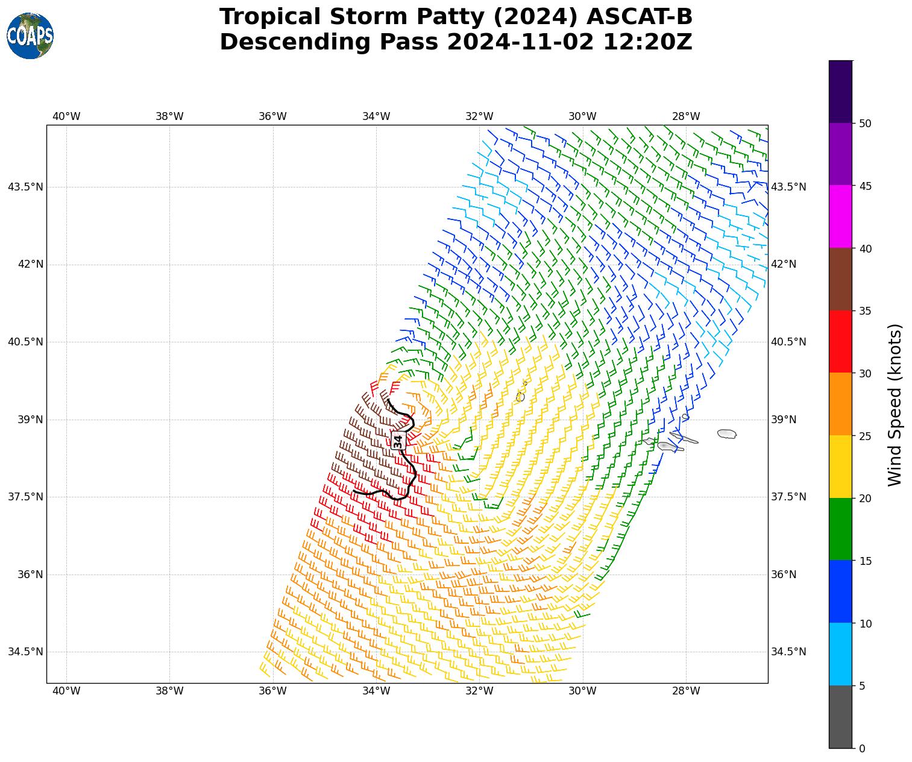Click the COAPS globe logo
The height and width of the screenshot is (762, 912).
coord(30,36)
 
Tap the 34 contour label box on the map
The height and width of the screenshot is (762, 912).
coord(398,441)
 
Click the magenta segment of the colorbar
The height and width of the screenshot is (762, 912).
coord(840,216)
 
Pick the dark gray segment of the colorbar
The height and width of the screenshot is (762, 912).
coord(840,717)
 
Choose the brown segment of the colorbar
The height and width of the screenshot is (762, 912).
coord(840,279)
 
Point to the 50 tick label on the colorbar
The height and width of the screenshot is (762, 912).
coord(865,124)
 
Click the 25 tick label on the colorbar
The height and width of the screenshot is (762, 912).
coord(865,436)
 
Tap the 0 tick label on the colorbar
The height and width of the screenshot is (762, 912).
coord(862,749)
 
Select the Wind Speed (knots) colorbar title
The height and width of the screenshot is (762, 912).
coord(896,405)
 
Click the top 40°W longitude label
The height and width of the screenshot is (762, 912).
coord(66,116)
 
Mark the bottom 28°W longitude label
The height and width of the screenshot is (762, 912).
coord(686,691)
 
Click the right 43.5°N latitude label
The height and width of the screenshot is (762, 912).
coord(788,187)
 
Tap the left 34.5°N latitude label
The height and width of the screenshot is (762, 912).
coord(25,652)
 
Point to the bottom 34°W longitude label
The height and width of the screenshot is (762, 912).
coord(376,691)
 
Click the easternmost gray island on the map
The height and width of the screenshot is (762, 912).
coord(727,434)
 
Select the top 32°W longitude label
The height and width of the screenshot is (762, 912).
coord(479,116)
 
